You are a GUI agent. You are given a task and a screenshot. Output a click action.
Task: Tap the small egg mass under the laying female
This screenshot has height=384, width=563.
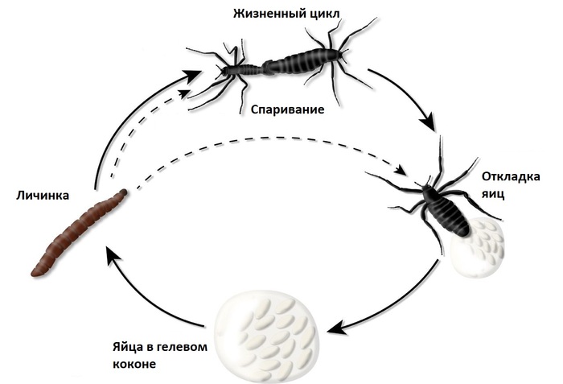pyautogui.click(x=479, y=247)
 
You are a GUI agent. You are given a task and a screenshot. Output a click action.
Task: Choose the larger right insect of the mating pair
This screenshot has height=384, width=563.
pyautogui.click(x=306, y=60)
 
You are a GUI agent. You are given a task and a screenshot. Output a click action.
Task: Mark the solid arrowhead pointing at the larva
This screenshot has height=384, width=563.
pyautogui.click(x=113, y=257)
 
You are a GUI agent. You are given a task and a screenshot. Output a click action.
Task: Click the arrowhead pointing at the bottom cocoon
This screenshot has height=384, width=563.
pyautogui.click(x=336, y=328)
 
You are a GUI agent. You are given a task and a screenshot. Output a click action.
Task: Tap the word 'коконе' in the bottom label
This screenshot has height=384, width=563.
pyautogui.click(x=134, y=363)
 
